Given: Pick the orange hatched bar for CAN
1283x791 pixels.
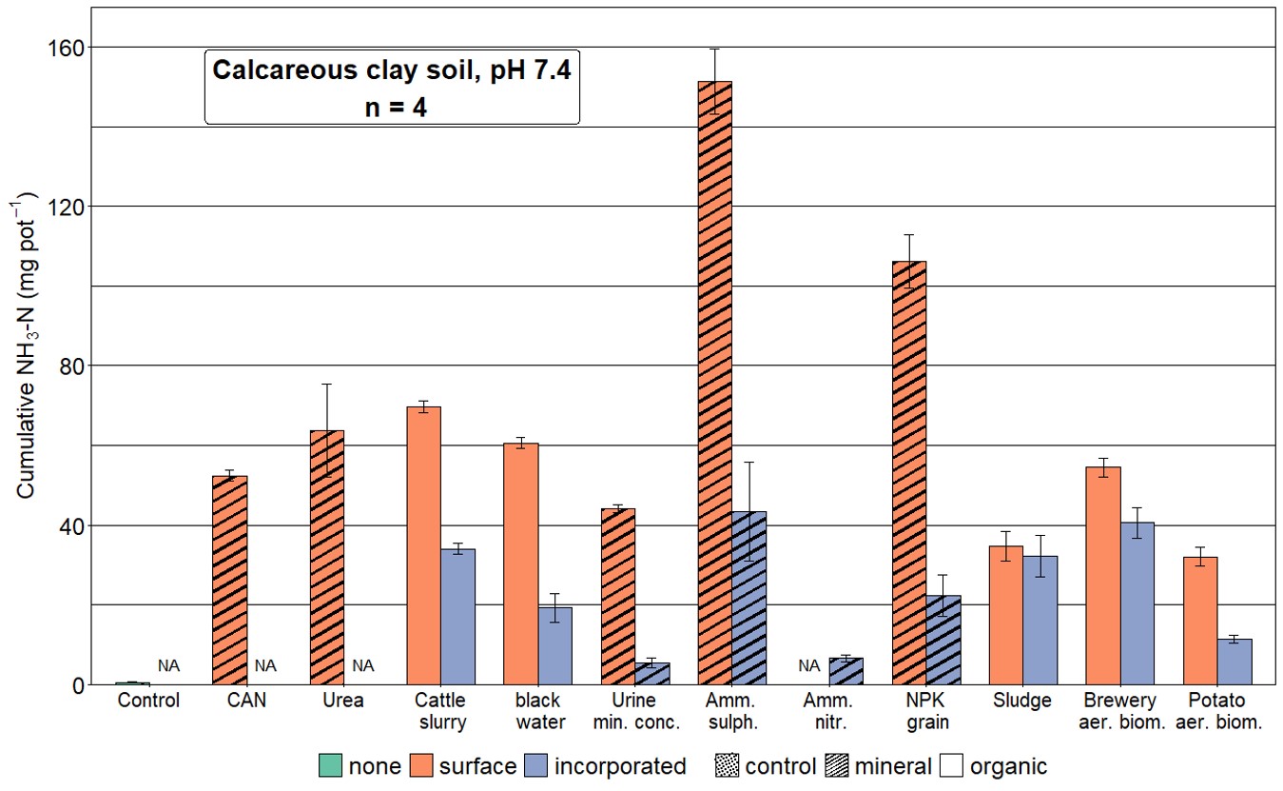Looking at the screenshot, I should (229, 580).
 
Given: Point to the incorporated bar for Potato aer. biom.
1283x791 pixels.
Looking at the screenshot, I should (1234, 662).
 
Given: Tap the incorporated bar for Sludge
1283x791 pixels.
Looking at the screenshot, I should (1040, 620).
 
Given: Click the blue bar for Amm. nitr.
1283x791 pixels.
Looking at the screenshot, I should (846, 671).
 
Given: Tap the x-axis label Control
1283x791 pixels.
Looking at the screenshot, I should (148, 701).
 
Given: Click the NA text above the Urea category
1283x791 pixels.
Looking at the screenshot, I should (363, 666).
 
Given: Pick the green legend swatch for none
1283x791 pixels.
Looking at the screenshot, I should (329, 766).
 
